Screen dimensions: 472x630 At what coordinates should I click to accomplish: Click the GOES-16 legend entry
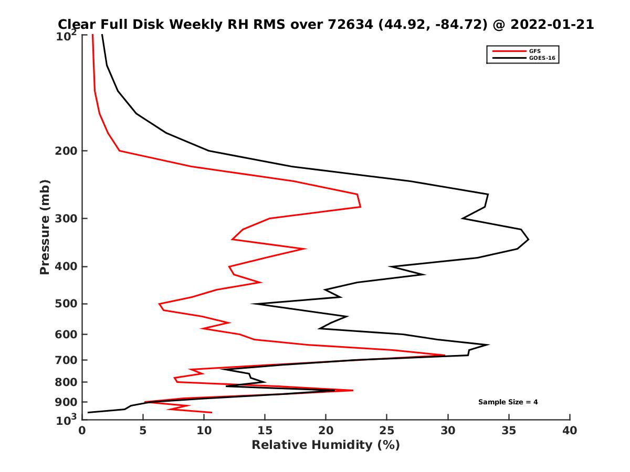pos(541,58)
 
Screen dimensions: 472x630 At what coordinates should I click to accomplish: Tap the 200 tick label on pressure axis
pos(66,151)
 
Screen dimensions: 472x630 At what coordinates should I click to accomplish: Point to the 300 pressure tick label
pos(66,218)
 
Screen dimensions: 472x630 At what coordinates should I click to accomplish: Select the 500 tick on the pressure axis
pos(66,304)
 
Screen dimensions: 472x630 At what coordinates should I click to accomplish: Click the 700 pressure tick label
pos(66,360)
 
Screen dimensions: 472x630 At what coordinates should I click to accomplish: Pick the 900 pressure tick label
pos(66,402)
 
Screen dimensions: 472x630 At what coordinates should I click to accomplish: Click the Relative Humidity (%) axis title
pos(325,445)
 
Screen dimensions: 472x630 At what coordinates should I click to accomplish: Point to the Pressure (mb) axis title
pos(45,227)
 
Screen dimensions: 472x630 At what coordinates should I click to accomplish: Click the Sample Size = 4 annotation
pos(508,402)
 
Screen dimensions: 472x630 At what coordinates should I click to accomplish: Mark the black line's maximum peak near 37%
pos(528,240)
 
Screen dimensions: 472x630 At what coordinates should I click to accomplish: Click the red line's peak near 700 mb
pos(445,355)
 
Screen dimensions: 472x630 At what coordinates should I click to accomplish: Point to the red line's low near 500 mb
pos(159,304)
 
